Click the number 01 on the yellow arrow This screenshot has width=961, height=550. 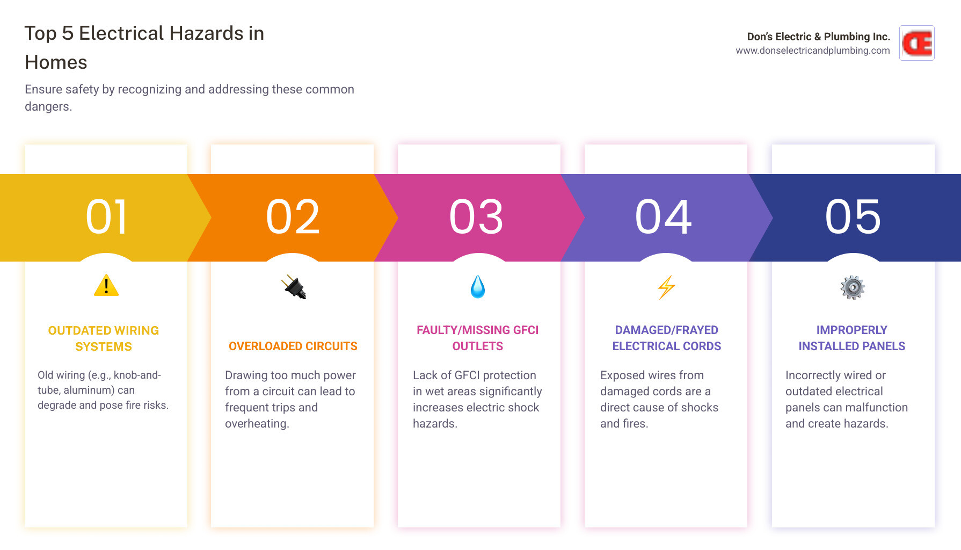point(106,217)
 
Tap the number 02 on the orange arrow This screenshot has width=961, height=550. point(293,217)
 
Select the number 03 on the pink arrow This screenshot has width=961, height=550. point(477,217)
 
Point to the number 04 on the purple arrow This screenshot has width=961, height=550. point(664,217)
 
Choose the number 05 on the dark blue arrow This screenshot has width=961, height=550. point(853,217)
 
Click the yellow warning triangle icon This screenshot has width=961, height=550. point(106,286)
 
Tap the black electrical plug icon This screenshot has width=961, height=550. point(294,287)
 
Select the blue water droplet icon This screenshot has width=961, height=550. point(478,287)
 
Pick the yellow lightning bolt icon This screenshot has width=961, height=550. point(666,287)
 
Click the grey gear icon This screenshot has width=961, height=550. point(853,287)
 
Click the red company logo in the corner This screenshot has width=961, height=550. point(917,43)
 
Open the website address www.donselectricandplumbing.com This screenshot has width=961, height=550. point(813,50)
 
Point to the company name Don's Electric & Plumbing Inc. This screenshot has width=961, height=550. point(819,37)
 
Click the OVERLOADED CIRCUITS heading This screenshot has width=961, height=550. point(293,346)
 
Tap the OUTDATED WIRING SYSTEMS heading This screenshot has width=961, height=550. point(104,338)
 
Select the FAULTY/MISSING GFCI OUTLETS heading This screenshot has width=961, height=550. point(478,338)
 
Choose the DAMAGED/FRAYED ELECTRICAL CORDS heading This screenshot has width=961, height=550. point(667,338)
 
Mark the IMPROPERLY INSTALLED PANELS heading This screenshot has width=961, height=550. point(852,338)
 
